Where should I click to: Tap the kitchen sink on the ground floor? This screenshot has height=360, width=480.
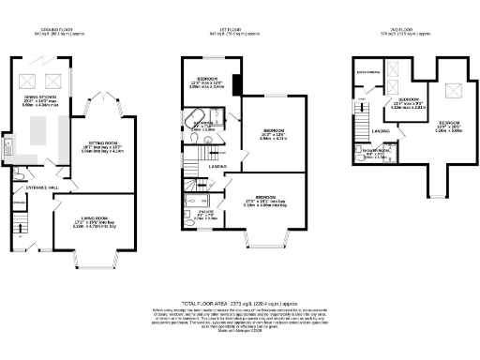click(7, 149)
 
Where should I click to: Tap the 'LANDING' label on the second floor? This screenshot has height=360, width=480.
click(382, 130)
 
